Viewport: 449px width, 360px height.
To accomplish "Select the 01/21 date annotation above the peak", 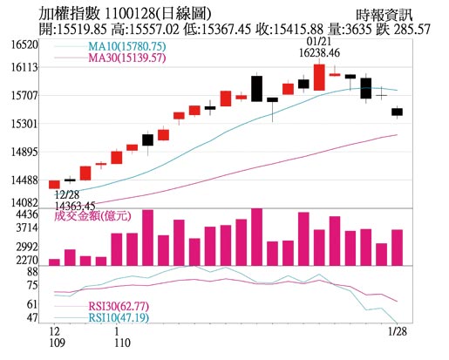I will point(319,42).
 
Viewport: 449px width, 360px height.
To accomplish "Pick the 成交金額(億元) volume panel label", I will point(92,215).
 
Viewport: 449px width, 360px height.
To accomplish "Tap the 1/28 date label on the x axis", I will point(397,331).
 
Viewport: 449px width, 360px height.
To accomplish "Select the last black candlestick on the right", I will point(397,111).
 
